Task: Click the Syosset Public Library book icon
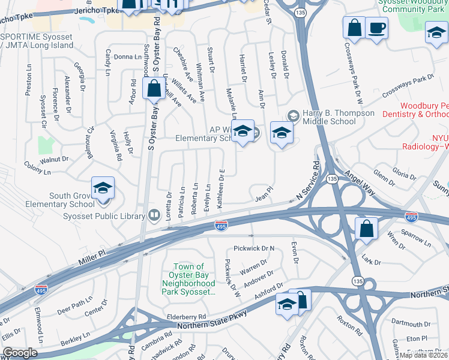pos(154,215)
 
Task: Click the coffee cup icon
pos(376,28)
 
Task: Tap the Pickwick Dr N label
pos(253,248)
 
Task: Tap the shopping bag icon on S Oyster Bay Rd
pos(154,90)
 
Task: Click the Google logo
pos(20,353)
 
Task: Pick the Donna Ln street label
pos(126,57)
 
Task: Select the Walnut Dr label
pos(54,160)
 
